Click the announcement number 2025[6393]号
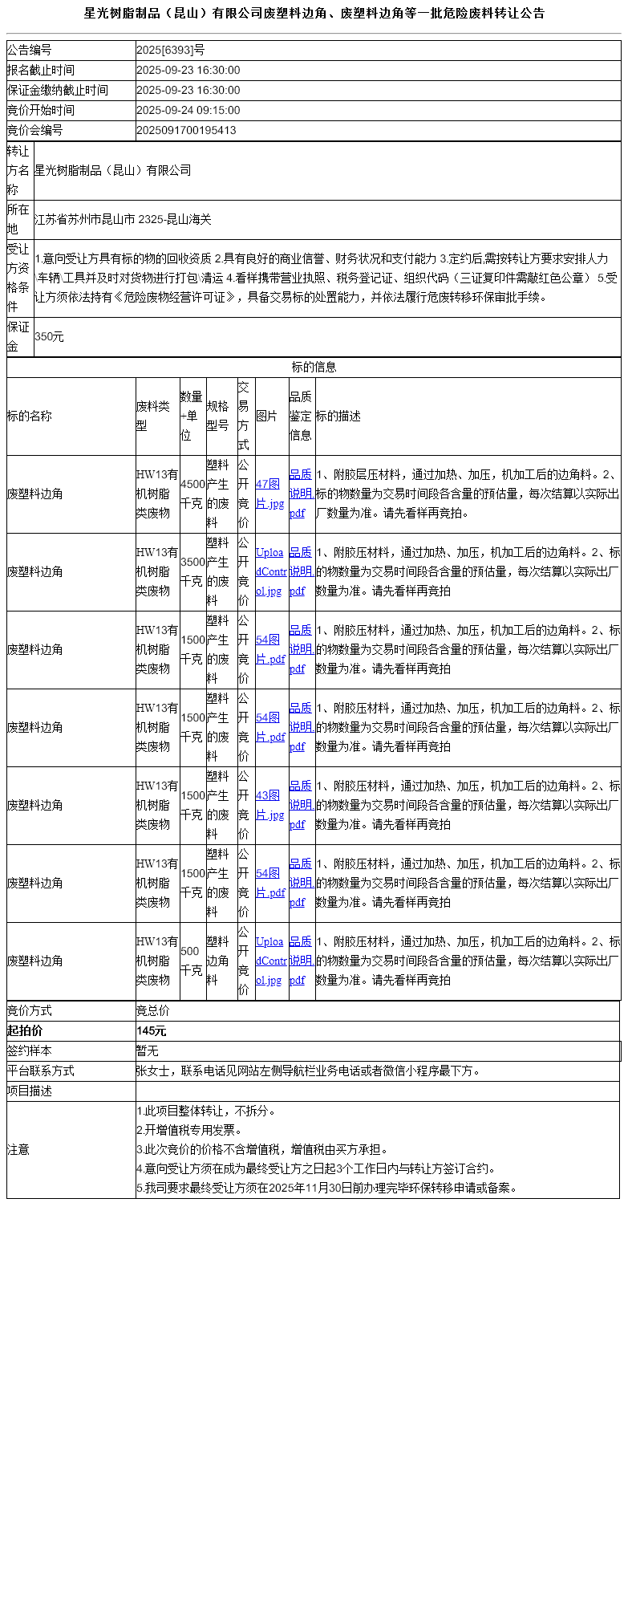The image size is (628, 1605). pyautogui.click(x=170, y=50)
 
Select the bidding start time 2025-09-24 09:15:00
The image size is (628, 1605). pyautogui.click(x=188, y=110)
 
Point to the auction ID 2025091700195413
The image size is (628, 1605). pyautogui.click(x=186, y=130)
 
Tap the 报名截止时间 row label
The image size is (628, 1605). pyautogui.click(x=41, y=70)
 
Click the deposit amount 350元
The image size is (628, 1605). pyautogui.click(x=49, y=337)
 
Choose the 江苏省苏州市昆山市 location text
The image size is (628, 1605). pyautogui.click(x=123, y=219)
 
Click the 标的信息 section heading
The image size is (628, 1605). pyautogui.click(x=314, y=367)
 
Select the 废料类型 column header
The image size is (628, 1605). pyautogui.click(x=153, y=416)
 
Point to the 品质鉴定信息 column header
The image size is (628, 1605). pyautogui.click(x=301, y=416)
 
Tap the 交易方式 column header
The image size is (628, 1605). pyautogui.click(x=244, y=416)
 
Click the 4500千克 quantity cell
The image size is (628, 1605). pyautogui.click(x=192, y=494)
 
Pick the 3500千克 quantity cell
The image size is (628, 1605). pyautogui.click(x=192, y=571)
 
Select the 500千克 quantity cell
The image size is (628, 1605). pyautogui.click(x=191, y=961)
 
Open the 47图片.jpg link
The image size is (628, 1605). pyautogui.click(x=269, y=494)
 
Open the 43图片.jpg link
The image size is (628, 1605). pyautogui.click(x=269, y=805)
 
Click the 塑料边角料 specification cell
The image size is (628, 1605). pyautogui.click(x=217, y=961)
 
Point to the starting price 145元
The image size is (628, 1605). pyautogui.click(x=152, y=1030)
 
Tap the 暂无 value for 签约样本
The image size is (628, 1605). pyautogui.click(x=148, y=1050)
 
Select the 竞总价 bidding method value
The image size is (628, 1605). pyautogui.click(x=153, y=1010)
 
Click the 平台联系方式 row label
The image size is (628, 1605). pyautogui.click(x=41, y=1071)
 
